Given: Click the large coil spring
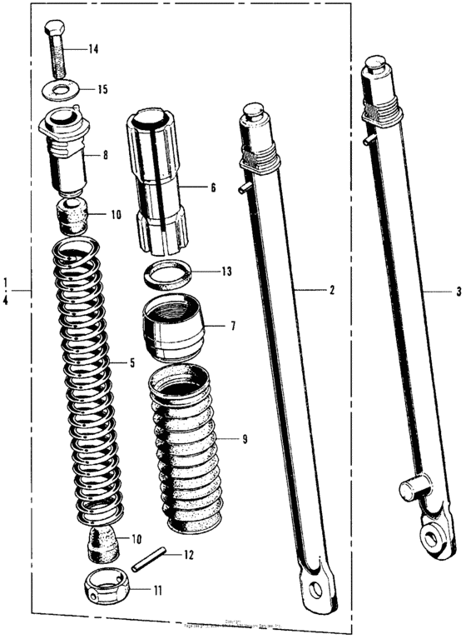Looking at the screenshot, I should pos(81,375).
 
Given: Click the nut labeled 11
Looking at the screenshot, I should pos(107,588).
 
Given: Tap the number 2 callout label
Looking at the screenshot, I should pos(331,291).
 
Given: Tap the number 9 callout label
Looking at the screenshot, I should pos(244,437).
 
